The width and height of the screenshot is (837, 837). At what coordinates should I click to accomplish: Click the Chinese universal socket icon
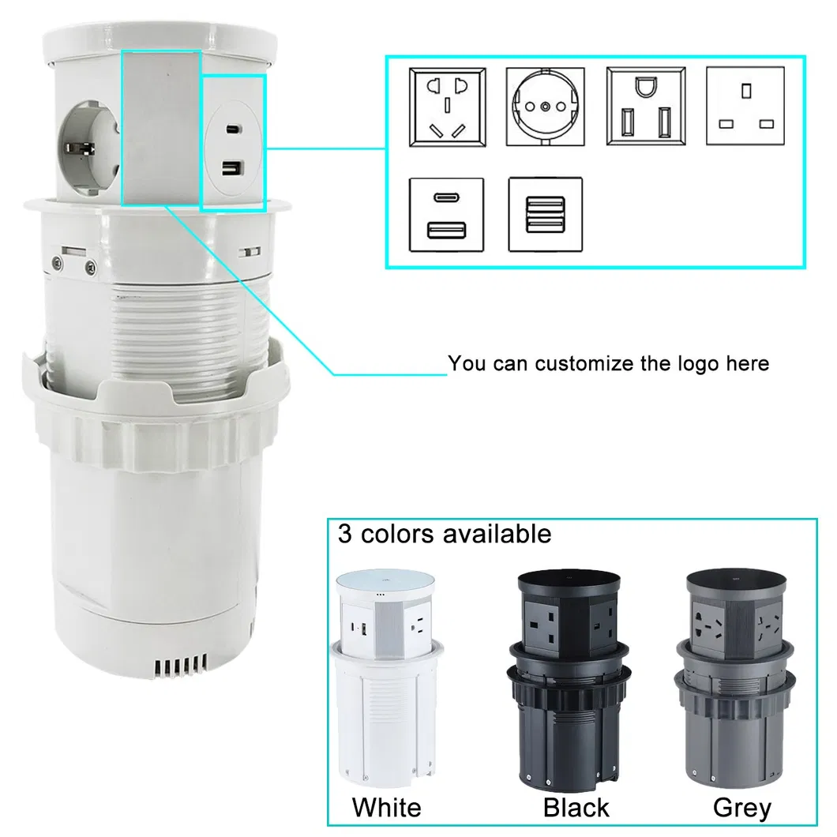coord(448,107)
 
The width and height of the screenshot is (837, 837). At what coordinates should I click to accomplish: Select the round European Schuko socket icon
coord(545,107)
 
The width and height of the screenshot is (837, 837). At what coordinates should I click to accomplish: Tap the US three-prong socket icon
coord(646,107)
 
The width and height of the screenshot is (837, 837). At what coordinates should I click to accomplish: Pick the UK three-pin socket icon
coord(745,106)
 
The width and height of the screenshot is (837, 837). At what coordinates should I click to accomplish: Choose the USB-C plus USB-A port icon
coord(446,215)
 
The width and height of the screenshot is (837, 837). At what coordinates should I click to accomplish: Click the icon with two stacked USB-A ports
coord(545,214)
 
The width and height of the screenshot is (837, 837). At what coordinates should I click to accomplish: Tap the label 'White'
coord(386,808)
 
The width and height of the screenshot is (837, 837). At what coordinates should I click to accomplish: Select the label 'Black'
coord(576,808)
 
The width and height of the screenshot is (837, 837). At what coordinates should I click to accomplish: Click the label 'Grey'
coord(742,808)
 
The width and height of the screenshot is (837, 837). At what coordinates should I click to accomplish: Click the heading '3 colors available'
coord(444,534)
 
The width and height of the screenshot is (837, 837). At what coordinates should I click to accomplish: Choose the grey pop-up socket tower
coord(736,679)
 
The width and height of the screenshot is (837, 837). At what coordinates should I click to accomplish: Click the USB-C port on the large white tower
coord(233,129)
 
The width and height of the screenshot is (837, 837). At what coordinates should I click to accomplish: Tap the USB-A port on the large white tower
coord(233,169)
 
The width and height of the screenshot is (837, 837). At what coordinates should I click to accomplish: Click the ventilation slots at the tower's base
coord(180,665)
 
